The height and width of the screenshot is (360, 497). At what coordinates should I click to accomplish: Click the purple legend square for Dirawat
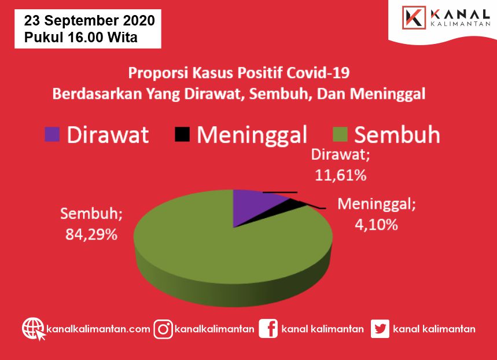[x=52, y=134]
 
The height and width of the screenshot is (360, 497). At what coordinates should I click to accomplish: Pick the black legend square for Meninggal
[x=182, y=134]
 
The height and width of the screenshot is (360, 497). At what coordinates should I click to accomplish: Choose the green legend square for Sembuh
[x=340, y=134]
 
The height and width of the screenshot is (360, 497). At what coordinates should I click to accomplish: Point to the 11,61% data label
[x=341, y=175]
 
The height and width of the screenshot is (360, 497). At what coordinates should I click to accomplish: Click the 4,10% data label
[x=376, y=225]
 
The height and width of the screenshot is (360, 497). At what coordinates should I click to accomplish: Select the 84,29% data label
[x=91, y=234]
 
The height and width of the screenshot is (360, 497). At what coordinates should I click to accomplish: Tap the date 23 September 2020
[x=89, y=21]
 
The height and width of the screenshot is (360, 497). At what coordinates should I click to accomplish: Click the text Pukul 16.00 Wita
[x=81, y=37]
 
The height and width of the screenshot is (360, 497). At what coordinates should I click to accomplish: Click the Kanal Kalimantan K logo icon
[x=414, y=18]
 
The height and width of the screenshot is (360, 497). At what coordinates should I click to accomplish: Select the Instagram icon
[x=163, y=329]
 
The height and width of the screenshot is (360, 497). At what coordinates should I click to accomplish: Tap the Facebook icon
[x=268, y=329]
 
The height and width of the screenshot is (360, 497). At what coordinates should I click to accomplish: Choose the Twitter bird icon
[x=380, y=329]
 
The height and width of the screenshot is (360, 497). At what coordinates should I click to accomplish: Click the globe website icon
[x=34, y=329]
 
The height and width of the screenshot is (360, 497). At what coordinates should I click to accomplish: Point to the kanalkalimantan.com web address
[x=98, y=329]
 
